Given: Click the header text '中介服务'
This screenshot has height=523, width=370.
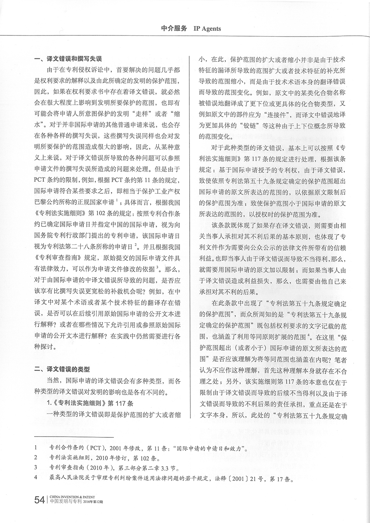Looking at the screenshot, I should [174, 28].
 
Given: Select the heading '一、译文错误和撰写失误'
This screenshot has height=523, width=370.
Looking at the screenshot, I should [68, 60].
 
